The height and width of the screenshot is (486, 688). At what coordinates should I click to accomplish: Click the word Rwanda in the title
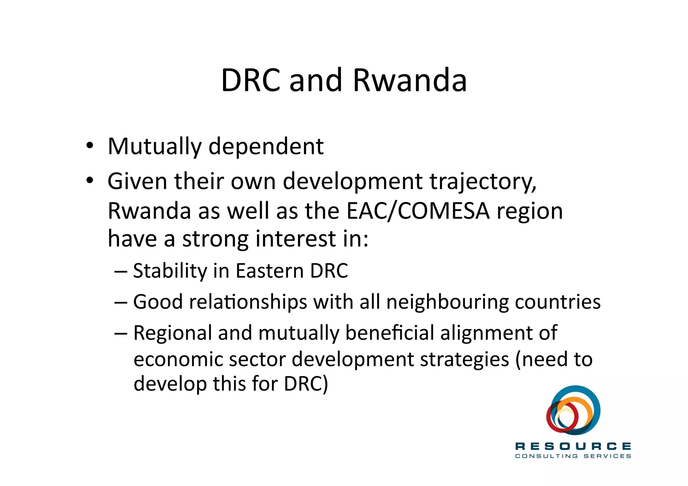click(x=410, y=81)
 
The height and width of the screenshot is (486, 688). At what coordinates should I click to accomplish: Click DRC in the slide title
click(x=250, y=81)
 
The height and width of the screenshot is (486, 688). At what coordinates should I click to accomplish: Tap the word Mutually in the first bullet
click(x=155, y=147)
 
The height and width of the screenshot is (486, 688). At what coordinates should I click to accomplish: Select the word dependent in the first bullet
click(x=266, y=147)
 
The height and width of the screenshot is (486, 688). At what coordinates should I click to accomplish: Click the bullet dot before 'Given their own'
click(x=89, y=181)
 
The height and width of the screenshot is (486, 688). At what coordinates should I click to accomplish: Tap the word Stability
click(x=170, y=271)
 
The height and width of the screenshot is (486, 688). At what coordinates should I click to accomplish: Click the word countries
click(x=558, y=302)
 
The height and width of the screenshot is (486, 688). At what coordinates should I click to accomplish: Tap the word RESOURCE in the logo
click(x=573, y=446)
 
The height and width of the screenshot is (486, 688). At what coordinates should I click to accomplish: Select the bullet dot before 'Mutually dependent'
click(x=89, y=146)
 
